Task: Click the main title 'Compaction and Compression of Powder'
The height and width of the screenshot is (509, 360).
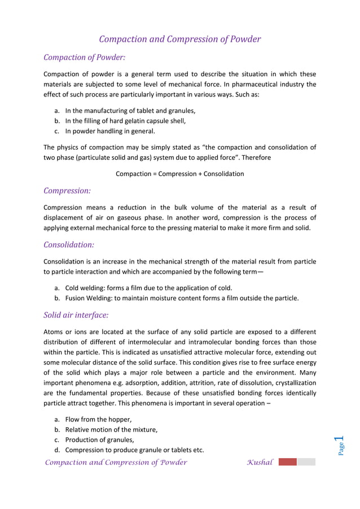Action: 179,39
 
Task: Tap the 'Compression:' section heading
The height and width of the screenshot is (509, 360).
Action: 67,191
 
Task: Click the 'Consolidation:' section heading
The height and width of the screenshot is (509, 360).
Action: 69,244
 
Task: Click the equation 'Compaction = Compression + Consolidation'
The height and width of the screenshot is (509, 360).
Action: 179,174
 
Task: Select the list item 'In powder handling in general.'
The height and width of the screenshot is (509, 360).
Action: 109,131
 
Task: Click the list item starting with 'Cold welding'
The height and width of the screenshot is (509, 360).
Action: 148,288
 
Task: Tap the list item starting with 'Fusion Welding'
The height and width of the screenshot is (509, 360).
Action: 182,298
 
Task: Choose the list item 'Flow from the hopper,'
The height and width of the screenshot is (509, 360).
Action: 98,419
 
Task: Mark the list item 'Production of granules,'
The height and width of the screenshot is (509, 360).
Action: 100,440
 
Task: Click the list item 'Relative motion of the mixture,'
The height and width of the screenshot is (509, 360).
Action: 111,429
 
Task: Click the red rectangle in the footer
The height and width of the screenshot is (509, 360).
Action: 287,462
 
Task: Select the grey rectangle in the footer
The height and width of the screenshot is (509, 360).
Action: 306,462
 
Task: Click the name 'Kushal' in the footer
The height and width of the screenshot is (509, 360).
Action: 260,463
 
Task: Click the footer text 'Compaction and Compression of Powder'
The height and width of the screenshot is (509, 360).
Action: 116,463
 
